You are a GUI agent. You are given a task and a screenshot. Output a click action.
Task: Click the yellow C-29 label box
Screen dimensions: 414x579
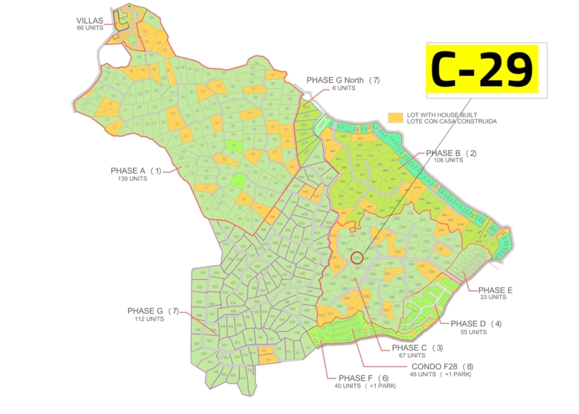(481, 68)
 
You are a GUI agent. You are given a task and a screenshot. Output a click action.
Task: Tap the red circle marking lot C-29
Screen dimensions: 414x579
(356, 258)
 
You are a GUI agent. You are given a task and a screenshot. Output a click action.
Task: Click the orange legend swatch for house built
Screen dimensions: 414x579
(395, 117)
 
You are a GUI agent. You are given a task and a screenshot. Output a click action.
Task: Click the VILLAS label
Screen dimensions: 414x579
(90, 21)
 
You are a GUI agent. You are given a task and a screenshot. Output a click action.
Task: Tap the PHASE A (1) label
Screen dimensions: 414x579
(136, 170)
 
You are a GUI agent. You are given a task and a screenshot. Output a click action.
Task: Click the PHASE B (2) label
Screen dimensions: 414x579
(451, 153)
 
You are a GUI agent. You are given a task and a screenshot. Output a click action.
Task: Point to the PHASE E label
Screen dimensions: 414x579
(496, 290)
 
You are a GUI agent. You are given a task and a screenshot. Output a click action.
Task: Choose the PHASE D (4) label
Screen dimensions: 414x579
(476, 324)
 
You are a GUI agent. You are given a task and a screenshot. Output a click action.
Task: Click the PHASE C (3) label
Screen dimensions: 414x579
(417, 348)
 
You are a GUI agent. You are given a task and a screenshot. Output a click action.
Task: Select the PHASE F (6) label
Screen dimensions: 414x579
(364, 378)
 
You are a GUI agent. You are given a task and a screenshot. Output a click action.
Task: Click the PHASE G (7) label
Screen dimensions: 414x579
(153, 311)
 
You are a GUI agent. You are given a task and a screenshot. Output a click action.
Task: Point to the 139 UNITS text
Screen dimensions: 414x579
(132, 179)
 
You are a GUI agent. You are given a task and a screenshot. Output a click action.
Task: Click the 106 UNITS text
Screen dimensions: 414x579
(448, 161)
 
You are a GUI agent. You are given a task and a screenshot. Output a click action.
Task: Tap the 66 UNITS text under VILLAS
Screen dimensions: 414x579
(90, 28)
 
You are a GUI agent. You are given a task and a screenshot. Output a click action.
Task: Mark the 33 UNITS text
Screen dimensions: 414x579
(494, 298)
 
